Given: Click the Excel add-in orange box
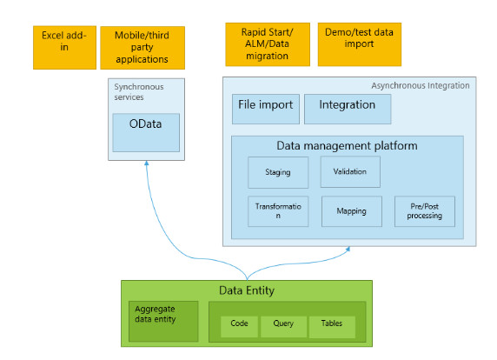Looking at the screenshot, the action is (64, 48).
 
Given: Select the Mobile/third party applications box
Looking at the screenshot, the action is (142, 48).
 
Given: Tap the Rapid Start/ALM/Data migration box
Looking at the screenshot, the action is (268, 44).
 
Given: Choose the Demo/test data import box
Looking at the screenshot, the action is (360, 44).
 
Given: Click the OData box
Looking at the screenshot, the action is (146, 132).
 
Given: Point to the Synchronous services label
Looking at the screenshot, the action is (139, 91).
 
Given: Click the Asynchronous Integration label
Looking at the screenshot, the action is (421, 85).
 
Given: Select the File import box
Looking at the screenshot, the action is (266, 109).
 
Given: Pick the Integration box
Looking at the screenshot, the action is (348, 109).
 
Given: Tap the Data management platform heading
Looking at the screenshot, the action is (347, 145).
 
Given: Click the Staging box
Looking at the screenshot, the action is (278, 172).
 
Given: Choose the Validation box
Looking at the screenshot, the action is (350, 171).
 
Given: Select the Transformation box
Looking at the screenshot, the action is (278, 211).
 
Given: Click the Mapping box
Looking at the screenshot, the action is (352, 211).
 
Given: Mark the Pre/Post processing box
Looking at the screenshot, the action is (425, 211).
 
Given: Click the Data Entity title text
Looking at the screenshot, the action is (247, 290).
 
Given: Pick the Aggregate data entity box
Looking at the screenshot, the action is (163, 321).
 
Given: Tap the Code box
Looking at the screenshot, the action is (239, 327).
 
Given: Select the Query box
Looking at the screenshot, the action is (283, 327).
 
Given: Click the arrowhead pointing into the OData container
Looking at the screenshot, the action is (147, 163).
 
